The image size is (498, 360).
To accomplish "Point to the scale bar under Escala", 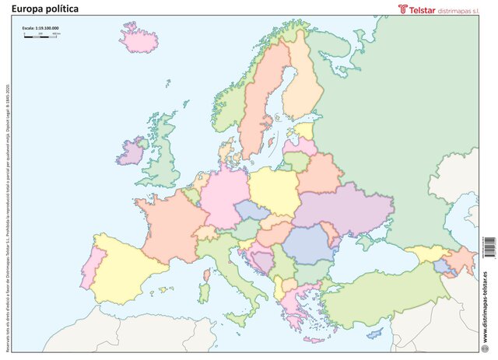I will coord(40,37).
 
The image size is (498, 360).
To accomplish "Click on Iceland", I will coord(140,39).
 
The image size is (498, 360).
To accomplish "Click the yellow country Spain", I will coord(124,264).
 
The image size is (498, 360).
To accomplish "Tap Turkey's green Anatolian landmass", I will coord(381,295).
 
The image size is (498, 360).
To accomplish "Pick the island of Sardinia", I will coord(204,292).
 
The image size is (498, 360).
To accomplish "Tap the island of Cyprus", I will coord(375,333).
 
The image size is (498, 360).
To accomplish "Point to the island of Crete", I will coord(314,340).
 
